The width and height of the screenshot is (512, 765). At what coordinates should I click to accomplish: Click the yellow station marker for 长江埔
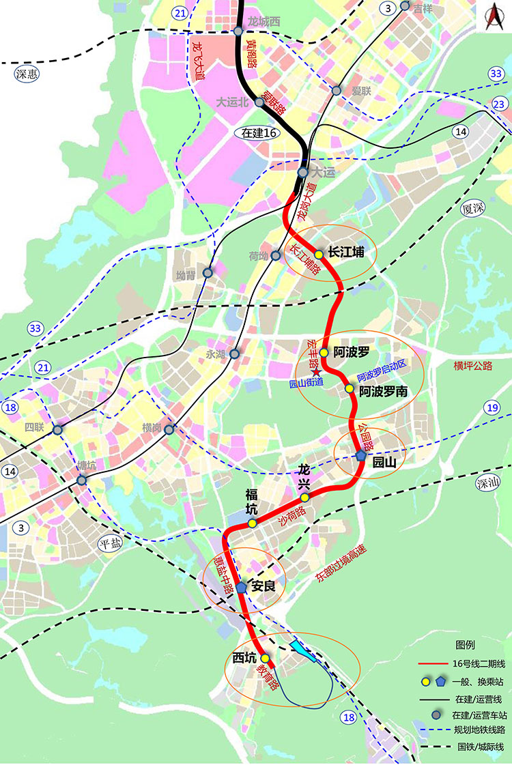[x=318, y=254]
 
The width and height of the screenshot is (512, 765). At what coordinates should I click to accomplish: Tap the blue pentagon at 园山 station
[x=361, y=456]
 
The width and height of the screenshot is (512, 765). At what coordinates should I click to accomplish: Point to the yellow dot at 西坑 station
[x=264, y=658]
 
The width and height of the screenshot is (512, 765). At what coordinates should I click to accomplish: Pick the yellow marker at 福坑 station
[x=252, y=523]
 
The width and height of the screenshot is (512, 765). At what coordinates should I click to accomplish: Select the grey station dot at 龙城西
[x=238, y=31]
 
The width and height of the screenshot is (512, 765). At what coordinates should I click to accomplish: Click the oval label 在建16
[x=255, y=133]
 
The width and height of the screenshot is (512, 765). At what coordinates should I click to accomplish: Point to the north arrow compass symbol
[x=492, y=19]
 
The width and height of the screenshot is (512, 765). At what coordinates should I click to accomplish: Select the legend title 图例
[x=464, y=645]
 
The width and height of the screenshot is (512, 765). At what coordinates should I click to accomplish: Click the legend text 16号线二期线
[x=478, y=663]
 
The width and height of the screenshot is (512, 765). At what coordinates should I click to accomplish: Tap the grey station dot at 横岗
[x=169, y=429]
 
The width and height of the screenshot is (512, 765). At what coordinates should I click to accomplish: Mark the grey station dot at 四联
[x=57, y=430]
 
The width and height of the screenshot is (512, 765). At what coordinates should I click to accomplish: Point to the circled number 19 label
[x=492, y=408]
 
